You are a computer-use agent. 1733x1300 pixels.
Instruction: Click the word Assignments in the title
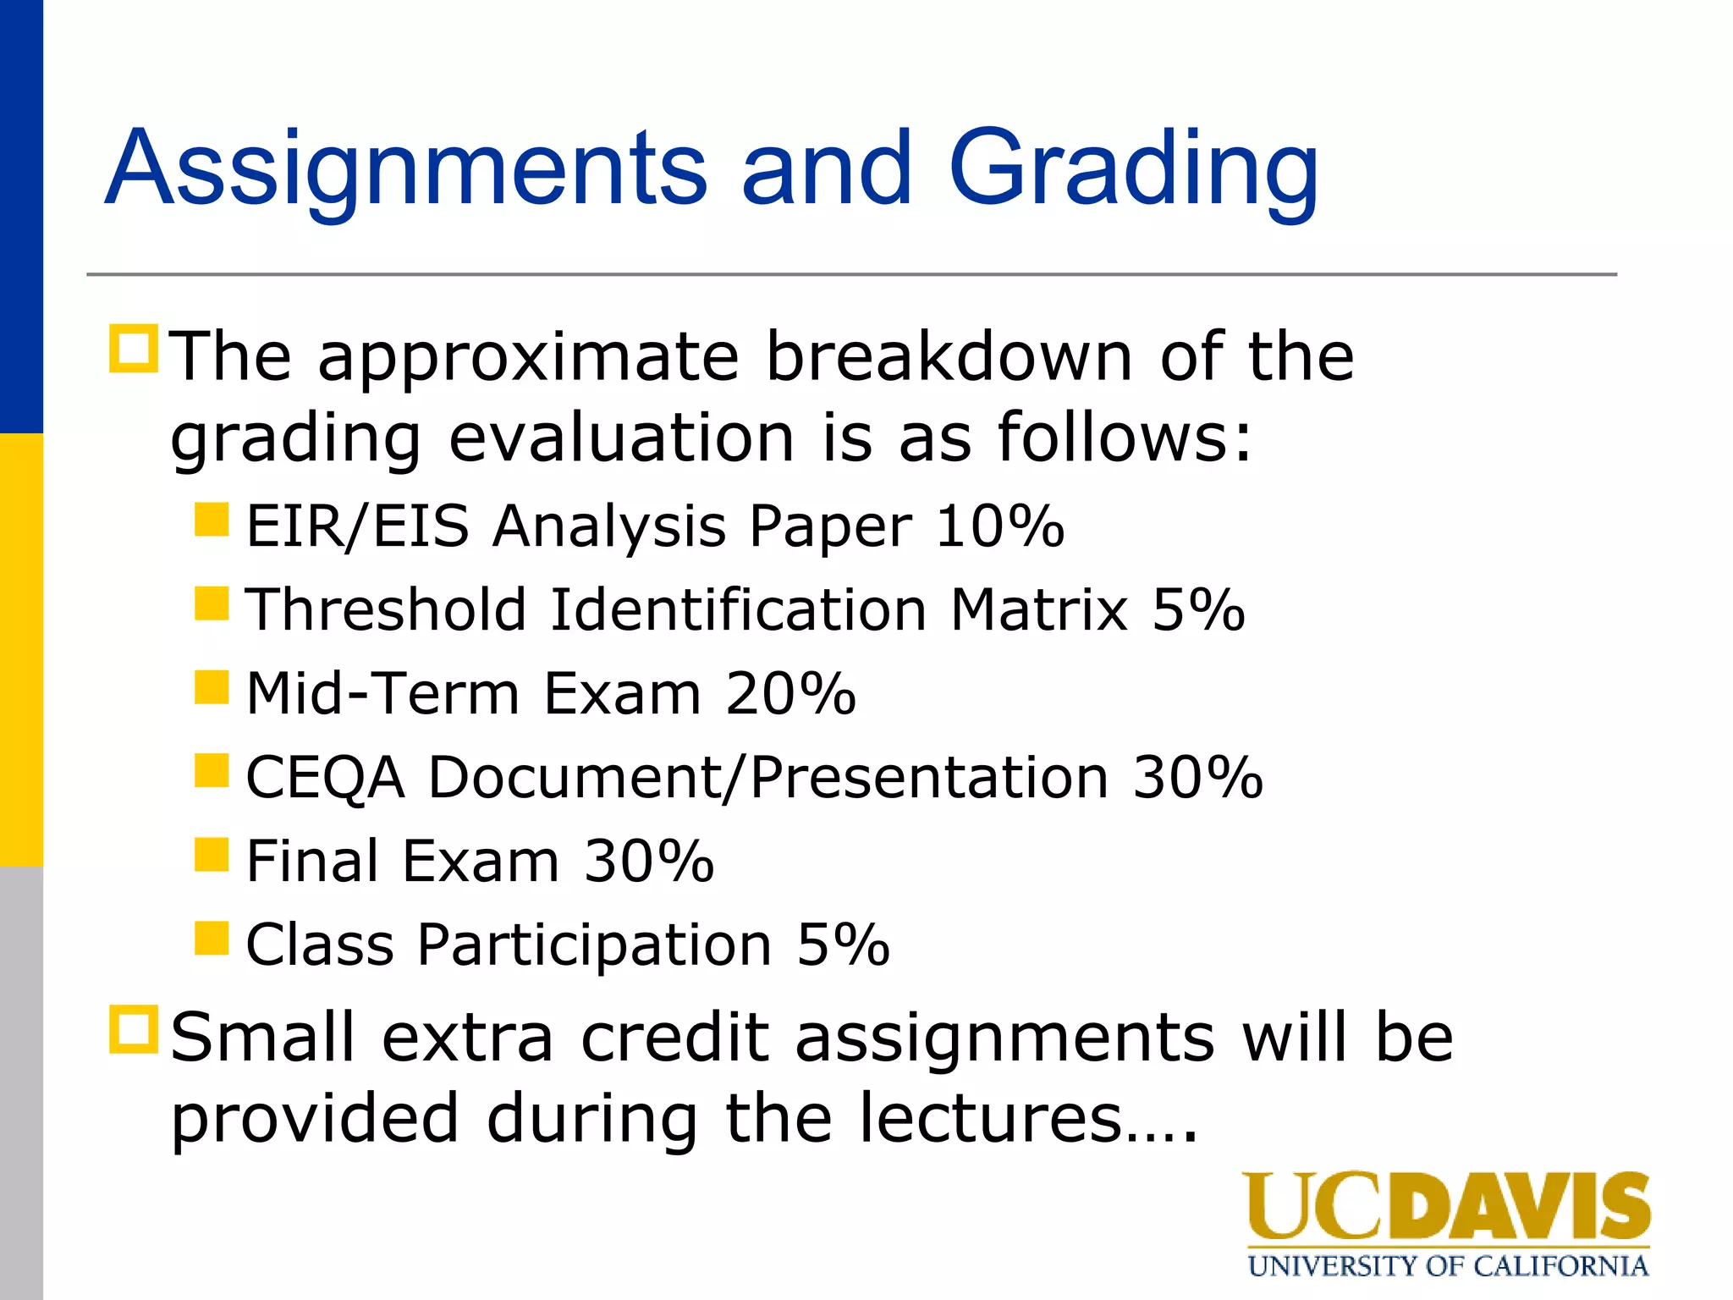(x=405, y=169)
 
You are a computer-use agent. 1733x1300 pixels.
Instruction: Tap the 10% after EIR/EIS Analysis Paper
(x=999, y=526)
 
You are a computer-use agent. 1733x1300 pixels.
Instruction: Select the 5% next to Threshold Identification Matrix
(x=1198, y=609)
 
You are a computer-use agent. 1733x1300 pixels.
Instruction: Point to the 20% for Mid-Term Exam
(x=790, y=694)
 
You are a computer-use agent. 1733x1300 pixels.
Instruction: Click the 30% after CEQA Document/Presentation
(x=1197, y=777)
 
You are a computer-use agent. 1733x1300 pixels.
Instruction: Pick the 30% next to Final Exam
(x=649, y=862)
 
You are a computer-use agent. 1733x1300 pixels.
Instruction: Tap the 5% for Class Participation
(x=843, y=945)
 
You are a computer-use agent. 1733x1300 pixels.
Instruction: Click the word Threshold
(x=386, y=609)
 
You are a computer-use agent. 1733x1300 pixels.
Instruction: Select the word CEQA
(x=325, y=778)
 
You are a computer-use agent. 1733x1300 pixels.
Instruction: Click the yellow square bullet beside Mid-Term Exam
(x=212, y=687)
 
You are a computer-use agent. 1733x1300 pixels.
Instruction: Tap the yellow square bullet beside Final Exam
(x=212, y=855)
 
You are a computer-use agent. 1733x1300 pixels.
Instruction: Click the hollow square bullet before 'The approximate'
(x=134, y=349)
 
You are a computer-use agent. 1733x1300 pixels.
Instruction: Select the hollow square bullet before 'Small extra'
(x=134, y=1029)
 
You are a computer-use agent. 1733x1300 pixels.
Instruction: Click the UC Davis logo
(x=1446, y=1207)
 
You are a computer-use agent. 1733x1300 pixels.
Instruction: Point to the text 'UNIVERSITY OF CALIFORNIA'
(x=1448, y=1266)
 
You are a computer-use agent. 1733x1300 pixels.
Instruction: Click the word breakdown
(x=949, y=357)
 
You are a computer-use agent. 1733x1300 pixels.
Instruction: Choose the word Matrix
(x=1039, y=609)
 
